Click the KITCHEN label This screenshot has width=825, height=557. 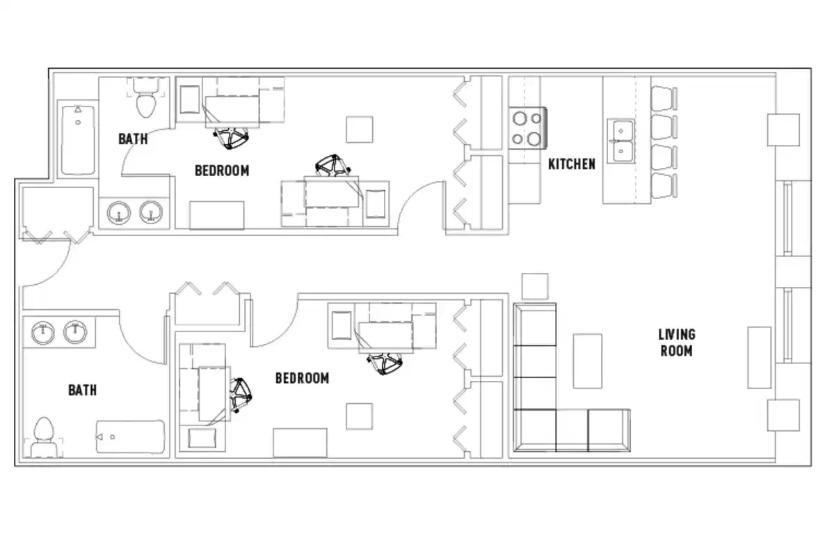(571, 164)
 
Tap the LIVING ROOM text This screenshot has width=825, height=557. (677, 343)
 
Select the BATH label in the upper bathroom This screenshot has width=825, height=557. (132, 139)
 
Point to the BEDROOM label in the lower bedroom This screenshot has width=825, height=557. (302, 378)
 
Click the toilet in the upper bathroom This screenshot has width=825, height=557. (146, 99)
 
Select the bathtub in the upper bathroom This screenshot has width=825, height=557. (77, 139)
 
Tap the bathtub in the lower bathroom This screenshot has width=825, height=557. (130, 437)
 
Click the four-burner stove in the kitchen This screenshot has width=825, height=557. (527, 128)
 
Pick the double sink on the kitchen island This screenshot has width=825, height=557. (620, 139)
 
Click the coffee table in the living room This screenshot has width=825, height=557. (587, 361)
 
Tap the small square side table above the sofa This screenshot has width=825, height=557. (534, 285)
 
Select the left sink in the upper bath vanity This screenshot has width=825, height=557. (120, 213)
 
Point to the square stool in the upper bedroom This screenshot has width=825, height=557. (360, 130)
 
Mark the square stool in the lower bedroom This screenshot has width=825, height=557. (359, 416)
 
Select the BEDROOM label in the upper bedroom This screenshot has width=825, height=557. (221, 170)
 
